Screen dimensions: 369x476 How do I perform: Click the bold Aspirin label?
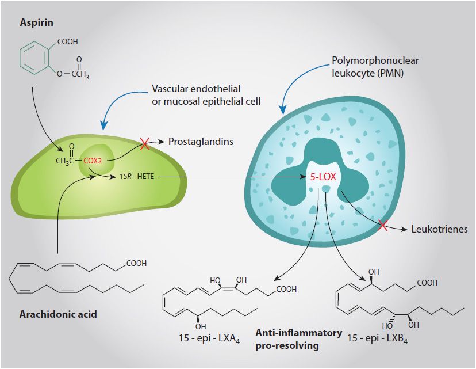point(37,23)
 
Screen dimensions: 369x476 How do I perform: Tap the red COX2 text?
point(93,161)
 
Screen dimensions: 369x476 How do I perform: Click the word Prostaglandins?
point(201,142)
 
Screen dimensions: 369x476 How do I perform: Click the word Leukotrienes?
point(439,229)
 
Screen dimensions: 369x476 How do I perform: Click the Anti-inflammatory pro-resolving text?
point(298,339)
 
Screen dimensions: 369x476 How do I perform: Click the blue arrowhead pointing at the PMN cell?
point(282,109)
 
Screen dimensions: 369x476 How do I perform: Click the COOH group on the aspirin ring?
point(67,41)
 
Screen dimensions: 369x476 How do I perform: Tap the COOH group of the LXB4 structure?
point(427,283)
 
